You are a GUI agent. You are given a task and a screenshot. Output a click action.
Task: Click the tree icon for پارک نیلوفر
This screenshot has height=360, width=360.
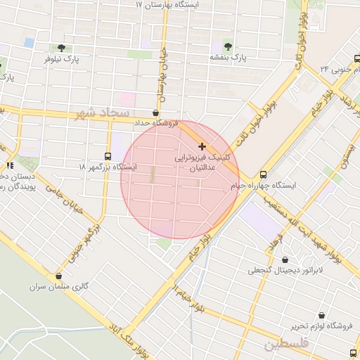coord(61,49)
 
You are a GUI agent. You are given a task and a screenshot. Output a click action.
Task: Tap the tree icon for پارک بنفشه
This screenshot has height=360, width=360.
coord(226,46)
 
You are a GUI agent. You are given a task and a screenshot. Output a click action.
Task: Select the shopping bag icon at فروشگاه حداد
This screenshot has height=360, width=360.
coord(155,112)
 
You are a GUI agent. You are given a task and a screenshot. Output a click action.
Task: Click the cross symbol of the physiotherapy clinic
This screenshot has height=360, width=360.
coord(202,147)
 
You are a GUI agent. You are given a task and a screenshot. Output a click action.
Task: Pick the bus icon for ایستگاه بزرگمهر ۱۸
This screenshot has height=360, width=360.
coord(108,157)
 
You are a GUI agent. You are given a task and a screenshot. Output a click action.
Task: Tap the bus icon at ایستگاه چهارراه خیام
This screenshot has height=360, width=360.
coord(263,175)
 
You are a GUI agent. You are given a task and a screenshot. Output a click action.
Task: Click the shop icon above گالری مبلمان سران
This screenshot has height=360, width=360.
coord(58,276)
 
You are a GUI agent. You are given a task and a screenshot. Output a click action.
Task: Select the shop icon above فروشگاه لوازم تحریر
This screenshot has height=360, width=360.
coord(322,316)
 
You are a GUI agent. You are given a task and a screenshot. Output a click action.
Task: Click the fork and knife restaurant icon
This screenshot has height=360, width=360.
coord(10,165)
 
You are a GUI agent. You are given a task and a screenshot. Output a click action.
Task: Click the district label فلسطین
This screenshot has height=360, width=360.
coord(287,345)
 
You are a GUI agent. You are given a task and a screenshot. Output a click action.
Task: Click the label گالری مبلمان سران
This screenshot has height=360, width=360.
coord(58,287)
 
